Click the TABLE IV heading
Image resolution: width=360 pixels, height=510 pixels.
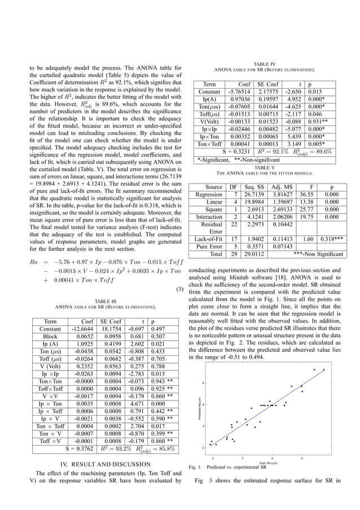[265, 64]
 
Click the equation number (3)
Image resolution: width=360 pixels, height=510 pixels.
[180, 290]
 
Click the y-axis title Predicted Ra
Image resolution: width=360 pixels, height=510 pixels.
[199, 408]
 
